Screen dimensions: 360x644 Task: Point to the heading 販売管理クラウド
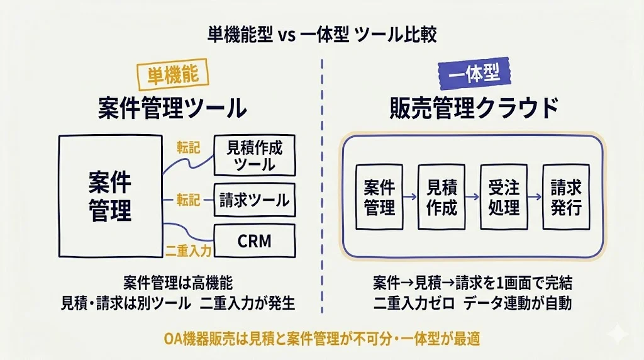pos(473,108)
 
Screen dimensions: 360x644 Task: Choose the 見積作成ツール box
pos(254,155)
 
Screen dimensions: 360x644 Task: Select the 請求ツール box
pos(254,200)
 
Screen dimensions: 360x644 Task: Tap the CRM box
pos(254,240)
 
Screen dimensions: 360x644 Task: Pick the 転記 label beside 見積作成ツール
pos(188,148)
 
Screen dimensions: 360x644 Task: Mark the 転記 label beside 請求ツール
pos(188,200)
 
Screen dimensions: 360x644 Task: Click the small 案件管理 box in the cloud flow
pos(379,197)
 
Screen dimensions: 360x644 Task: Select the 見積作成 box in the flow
pos(441,197)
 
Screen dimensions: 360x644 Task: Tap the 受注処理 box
pos(503,197)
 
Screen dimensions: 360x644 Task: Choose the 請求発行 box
pos(566,197)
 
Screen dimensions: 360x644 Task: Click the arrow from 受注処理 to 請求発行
pos(535,197)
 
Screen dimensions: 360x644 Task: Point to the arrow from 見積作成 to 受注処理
pos(472,197)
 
